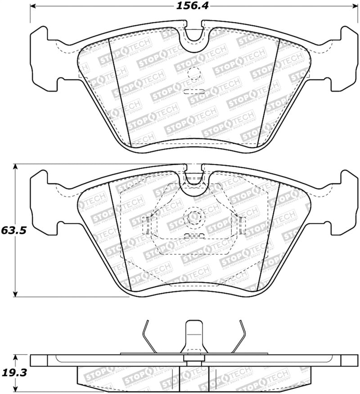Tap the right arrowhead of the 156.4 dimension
(351, 7)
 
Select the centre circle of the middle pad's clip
(195, 217)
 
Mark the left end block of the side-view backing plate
(38, 360)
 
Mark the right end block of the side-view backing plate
(349, 360)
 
